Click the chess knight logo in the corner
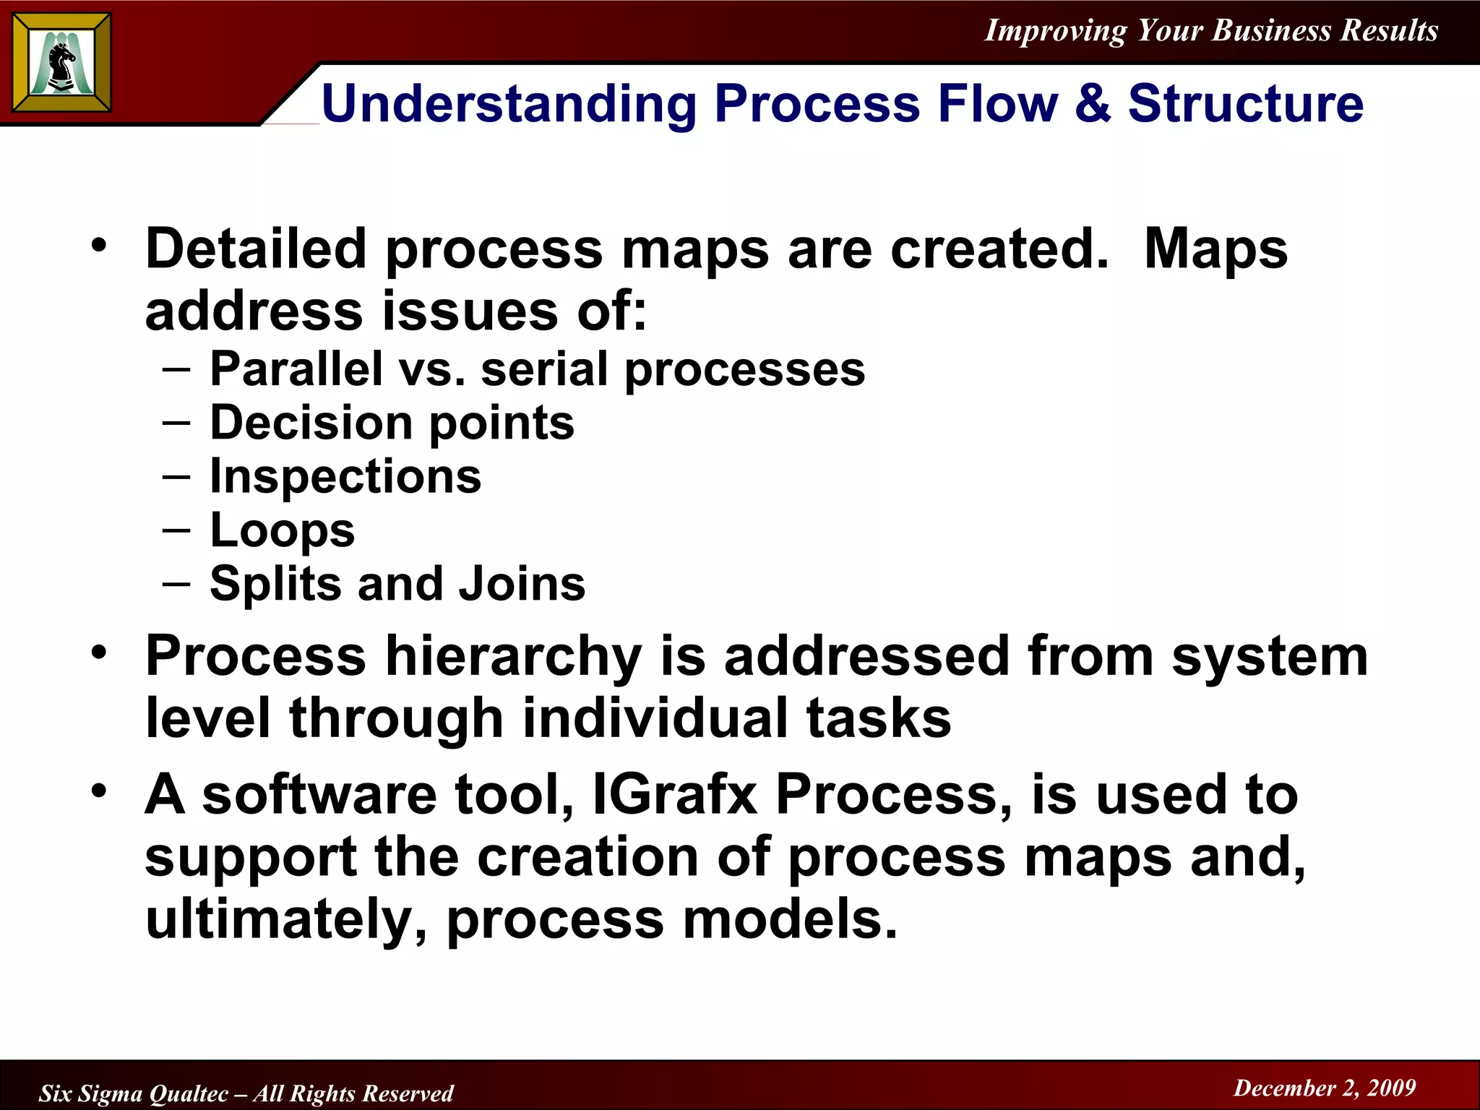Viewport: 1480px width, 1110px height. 62,64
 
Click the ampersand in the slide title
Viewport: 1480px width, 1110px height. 1092,103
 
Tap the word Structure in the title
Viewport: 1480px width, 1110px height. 1245,103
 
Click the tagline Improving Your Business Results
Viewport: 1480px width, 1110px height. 1211,30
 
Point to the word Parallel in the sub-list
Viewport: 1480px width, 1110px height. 296,369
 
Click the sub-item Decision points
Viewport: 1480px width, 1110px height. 392,423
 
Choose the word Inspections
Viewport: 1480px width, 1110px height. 345,477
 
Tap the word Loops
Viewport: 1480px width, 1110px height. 283,531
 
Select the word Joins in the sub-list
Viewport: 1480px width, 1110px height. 522,584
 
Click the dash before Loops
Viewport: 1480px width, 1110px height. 176,530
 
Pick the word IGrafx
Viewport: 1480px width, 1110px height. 674,794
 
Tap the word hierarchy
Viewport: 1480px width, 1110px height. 513,656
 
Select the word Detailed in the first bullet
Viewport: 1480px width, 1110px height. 256,249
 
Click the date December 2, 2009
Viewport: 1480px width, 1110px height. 1324,1088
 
